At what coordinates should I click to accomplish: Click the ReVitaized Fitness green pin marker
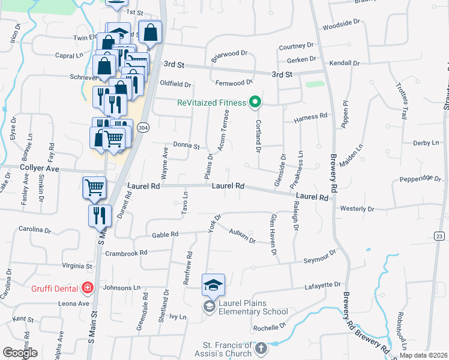point(255,103)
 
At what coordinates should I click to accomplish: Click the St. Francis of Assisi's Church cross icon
point(261,347)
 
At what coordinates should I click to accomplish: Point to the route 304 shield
point(142,128)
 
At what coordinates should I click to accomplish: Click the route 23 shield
point(440,236)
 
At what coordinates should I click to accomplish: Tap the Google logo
point(20,352)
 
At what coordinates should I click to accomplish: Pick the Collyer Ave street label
point(40,169)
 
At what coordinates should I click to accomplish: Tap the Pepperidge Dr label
point(420,178)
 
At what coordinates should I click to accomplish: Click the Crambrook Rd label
point(126,253)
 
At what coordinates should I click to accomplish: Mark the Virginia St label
point(77,265)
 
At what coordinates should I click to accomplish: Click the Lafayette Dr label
point(325,284)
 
